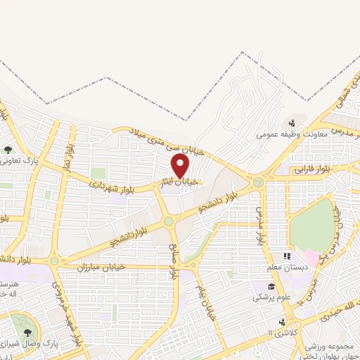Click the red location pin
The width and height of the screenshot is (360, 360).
coord(181,165)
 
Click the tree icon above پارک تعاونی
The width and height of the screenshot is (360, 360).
coord(8,150)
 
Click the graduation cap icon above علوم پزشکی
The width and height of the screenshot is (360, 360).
coord(271,286)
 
